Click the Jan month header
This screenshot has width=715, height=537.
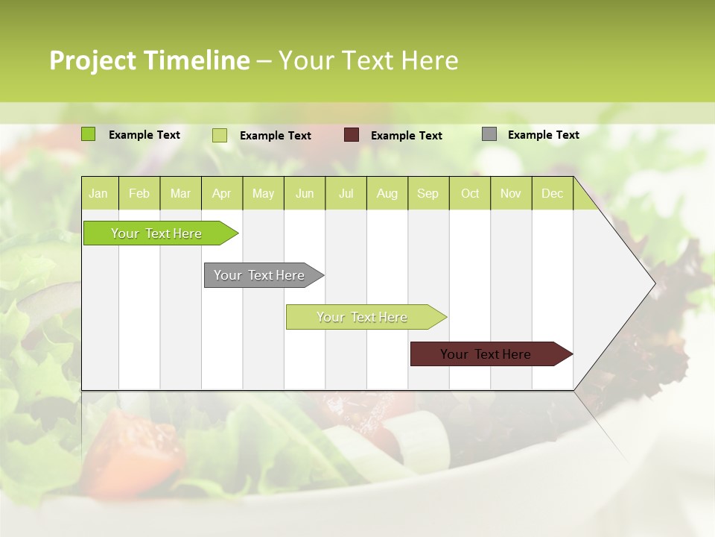(x=98, y=194)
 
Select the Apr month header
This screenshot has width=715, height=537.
(x=221, y=194)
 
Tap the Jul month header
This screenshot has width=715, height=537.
(x=346, y=194)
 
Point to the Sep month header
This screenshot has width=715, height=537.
(x=428, y=194)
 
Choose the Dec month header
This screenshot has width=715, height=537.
(x=552, y=194)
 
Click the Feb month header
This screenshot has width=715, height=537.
(x=139, y=194)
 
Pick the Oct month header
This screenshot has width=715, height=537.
(x=470, y=194)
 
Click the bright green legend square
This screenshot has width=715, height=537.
(x=89, y=134)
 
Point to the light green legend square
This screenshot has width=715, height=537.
(x=220, y=135)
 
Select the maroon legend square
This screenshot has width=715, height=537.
(x=352, y=135)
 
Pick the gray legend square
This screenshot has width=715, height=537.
(x=489, y=134)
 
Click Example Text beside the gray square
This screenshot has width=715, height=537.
(x=543, y=135)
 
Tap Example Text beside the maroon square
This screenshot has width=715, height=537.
(x=406, y=136)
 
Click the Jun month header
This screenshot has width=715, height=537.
(x=305, y=194)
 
